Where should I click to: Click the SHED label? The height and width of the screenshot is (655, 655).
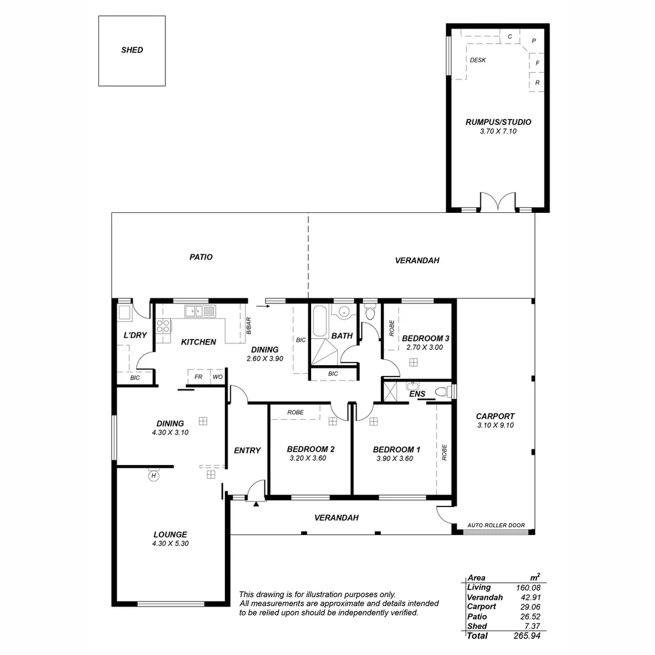pos(132,50)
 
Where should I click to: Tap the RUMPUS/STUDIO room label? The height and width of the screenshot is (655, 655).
pos(498,122)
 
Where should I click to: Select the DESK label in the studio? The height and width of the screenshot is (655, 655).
pos(477,60)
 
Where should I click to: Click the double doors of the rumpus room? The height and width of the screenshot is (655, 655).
pos(497,203)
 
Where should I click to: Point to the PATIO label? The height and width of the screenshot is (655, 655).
pos(201,257)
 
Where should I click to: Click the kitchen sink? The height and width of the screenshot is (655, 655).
pos(200,311)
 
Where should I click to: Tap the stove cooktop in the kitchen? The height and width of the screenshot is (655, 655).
pos(163,326)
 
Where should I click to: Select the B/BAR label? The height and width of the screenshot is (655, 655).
pos(249,326)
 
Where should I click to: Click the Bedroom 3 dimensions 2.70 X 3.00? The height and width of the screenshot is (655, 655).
pos(425,348)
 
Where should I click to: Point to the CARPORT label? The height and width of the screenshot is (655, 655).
pos(495,416)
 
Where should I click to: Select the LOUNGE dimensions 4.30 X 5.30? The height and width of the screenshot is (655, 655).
pos(170,544)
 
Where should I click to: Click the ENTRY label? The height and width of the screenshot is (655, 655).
pos(247,450)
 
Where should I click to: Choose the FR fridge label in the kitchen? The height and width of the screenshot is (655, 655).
pos(198,377)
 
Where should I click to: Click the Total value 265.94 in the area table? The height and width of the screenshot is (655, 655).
pos(527,636)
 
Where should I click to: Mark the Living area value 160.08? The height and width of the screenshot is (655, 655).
pos(528,587)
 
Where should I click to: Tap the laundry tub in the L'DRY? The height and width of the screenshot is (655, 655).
pos(124,314)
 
